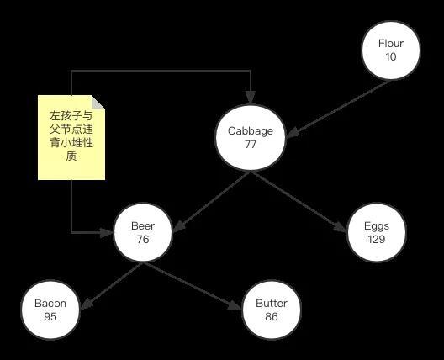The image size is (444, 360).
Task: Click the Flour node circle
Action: pos(391,50)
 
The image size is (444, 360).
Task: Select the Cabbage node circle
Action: pos(251,138)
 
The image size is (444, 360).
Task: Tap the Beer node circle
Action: pos(143,232)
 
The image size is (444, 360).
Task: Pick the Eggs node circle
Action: pos(377,232)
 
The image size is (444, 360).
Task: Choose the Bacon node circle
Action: pos(50,310)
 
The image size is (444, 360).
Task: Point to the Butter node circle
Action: pos(272,310)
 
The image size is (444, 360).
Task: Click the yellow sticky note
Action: pos(71,137)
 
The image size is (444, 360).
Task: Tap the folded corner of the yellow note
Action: pos(98,102)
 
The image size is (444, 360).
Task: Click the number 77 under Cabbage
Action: pos(251,144)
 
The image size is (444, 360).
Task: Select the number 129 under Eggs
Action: pos(377,239)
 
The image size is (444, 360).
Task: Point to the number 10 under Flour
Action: pos(391,56)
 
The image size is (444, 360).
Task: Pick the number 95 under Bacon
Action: pos(50,316)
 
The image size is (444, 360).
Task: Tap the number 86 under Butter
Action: pos(272,316)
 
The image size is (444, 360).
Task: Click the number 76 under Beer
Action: pos(143,239)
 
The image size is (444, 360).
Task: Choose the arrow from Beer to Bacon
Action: pos(111,285)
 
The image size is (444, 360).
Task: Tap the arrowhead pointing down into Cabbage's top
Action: pos(251,98)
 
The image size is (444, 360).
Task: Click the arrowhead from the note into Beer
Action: pos(107,232)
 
